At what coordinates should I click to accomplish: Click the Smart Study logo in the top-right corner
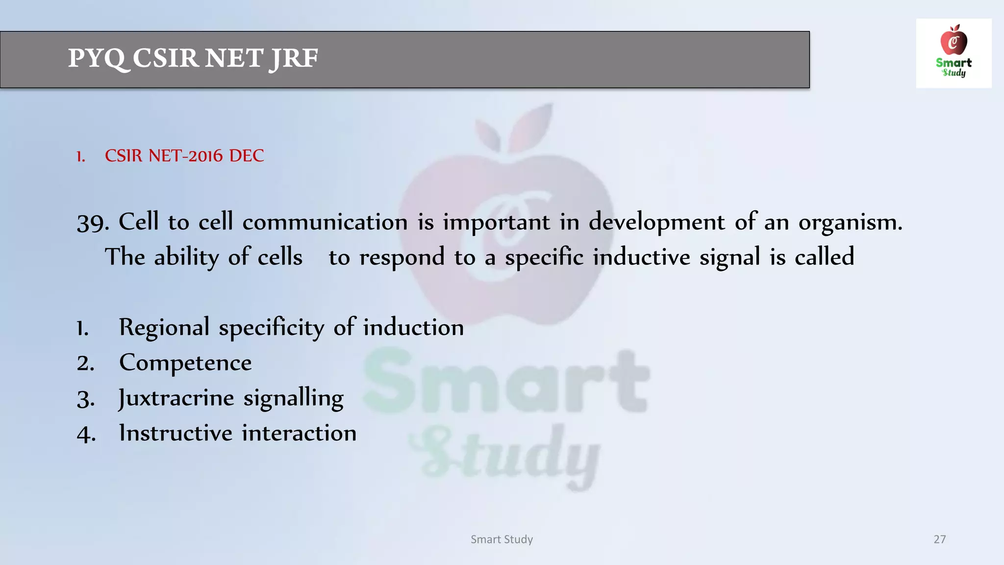pos(954,53)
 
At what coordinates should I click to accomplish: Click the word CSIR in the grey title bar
pos(165,58)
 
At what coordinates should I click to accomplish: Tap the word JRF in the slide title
pos(293,59)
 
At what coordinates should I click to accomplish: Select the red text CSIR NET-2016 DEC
pos(184,156)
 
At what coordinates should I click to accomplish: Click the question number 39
pos(92,223)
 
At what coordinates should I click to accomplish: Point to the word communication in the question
pos(325,222)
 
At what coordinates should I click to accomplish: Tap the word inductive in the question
pos(641,257)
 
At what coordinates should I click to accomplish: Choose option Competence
pos(185,363)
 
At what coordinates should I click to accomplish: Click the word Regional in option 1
pos(164,328)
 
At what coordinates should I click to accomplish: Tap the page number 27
pos(939,539)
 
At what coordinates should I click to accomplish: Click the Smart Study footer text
pos(502,539)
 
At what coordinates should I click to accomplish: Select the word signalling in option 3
pos(293,398)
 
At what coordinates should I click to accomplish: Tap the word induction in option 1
pos(413,328)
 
